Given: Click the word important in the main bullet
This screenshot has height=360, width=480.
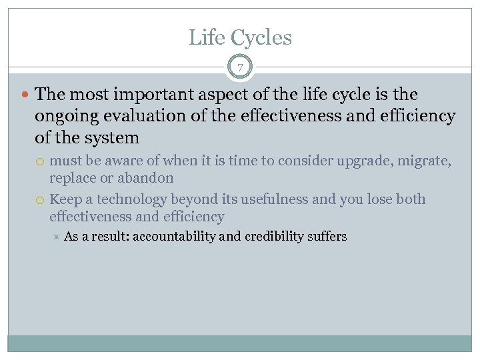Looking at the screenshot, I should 143,95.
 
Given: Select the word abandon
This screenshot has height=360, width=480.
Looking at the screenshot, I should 145,178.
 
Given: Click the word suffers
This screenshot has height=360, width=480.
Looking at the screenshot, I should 327,237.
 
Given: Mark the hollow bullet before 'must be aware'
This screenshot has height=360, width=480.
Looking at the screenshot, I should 41,161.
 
